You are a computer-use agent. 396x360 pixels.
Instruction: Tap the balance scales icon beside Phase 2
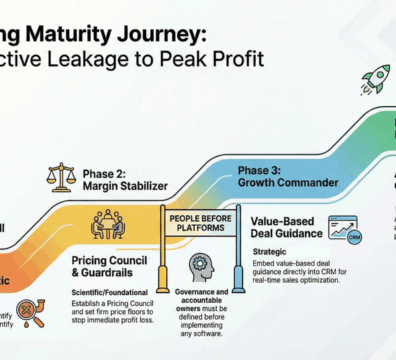pos(61,177)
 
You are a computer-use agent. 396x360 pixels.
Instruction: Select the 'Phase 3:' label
pos(261,170)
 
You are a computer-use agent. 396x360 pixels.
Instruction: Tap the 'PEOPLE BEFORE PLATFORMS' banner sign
pos(200,225)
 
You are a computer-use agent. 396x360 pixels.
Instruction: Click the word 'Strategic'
pos(269,253)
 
